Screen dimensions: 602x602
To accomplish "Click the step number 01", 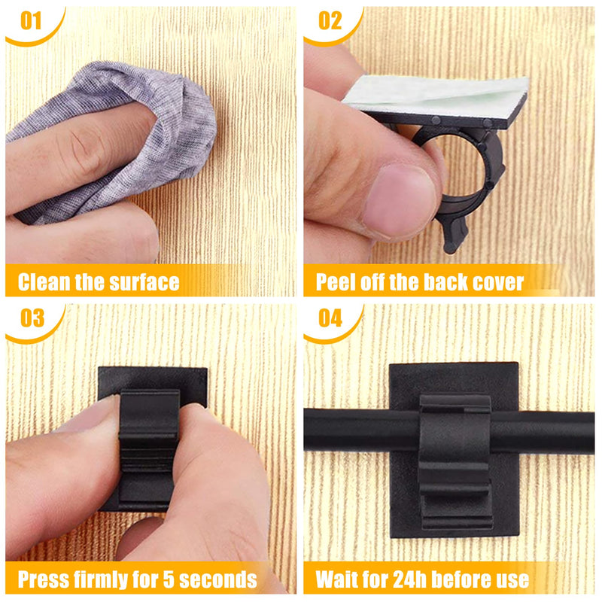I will (30, 21).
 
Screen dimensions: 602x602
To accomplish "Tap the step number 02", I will (330, 21).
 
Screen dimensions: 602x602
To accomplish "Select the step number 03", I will (32, 319).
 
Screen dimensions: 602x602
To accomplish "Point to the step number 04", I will (330, 319).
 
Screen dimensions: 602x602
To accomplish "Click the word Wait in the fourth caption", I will (339, 580).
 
